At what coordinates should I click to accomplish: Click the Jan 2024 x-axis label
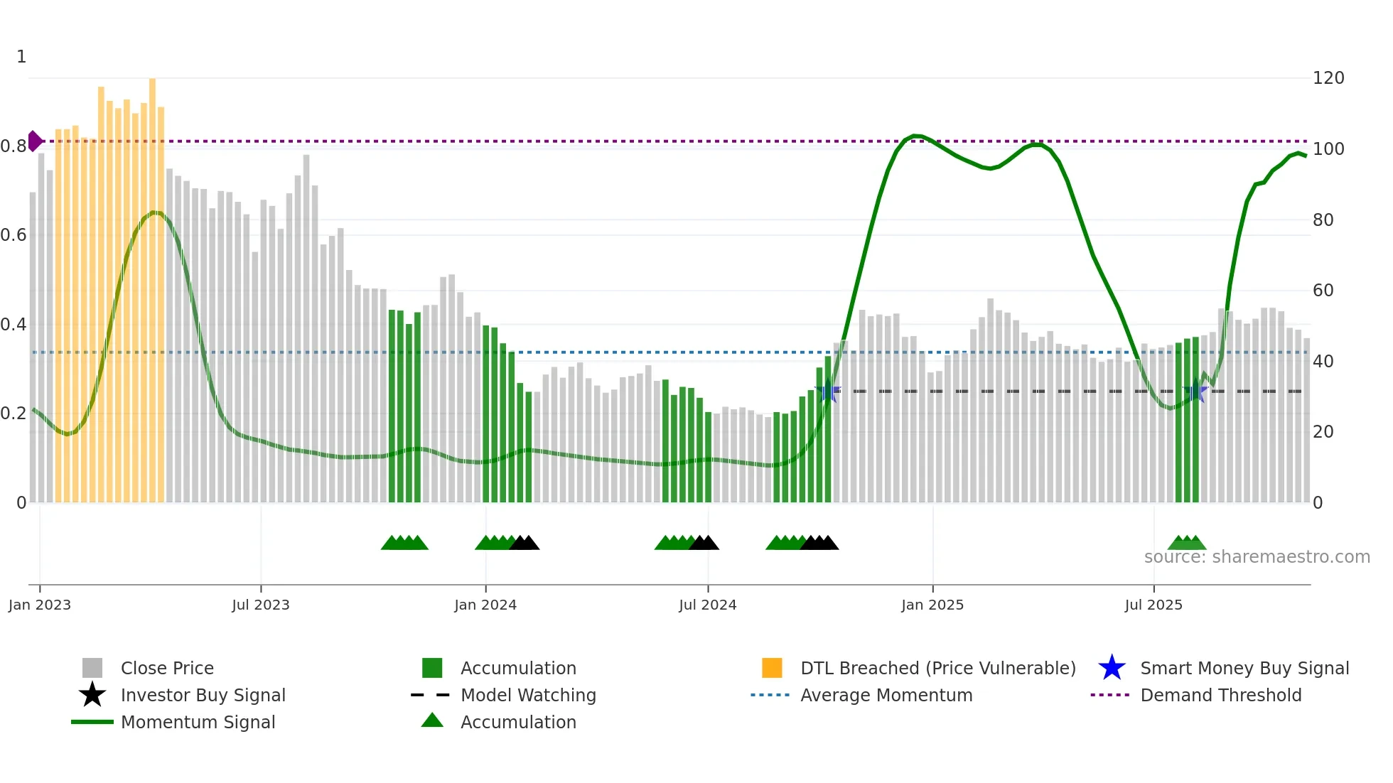tap(485, 605)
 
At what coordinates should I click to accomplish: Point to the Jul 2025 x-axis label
tap(1153, 605)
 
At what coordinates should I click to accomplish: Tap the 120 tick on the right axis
tap(1328, 78)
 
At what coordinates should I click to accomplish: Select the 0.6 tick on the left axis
tap(14, 235)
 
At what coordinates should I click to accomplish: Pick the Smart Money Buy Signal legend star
tap(1112, 668)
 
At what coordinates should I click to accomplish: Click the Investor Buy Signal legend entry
tap(203, 695)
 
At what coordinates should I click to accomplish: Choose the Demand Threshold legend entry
tap(1220, 695)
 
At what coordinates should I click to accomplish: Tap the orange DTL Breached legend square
tap(772, 668)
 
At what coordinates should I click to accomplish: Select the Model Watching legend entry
tap(528, 695)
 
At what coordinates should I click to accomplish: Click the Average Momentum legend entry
tap(886, 695)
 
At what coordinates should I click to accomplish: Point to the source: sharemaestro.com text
tap(1257, 557)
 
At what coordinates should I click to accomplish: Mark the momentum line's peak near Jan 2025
tap(916, 135)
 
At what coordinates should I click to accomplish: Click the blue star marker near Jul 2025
tap(1196, 391)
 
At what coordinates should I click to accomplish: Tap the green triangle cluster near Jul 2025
tap(1187, 543)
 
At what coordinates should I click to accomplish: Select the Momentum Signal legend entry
tap(198, 722)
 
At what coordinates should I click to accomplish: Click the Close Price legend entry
tap(167, 668)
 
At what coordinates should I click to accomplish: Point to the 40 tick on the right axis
tap(1323, 361)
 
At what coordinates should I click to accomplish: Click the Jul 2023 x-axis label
tap(261, 605)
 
